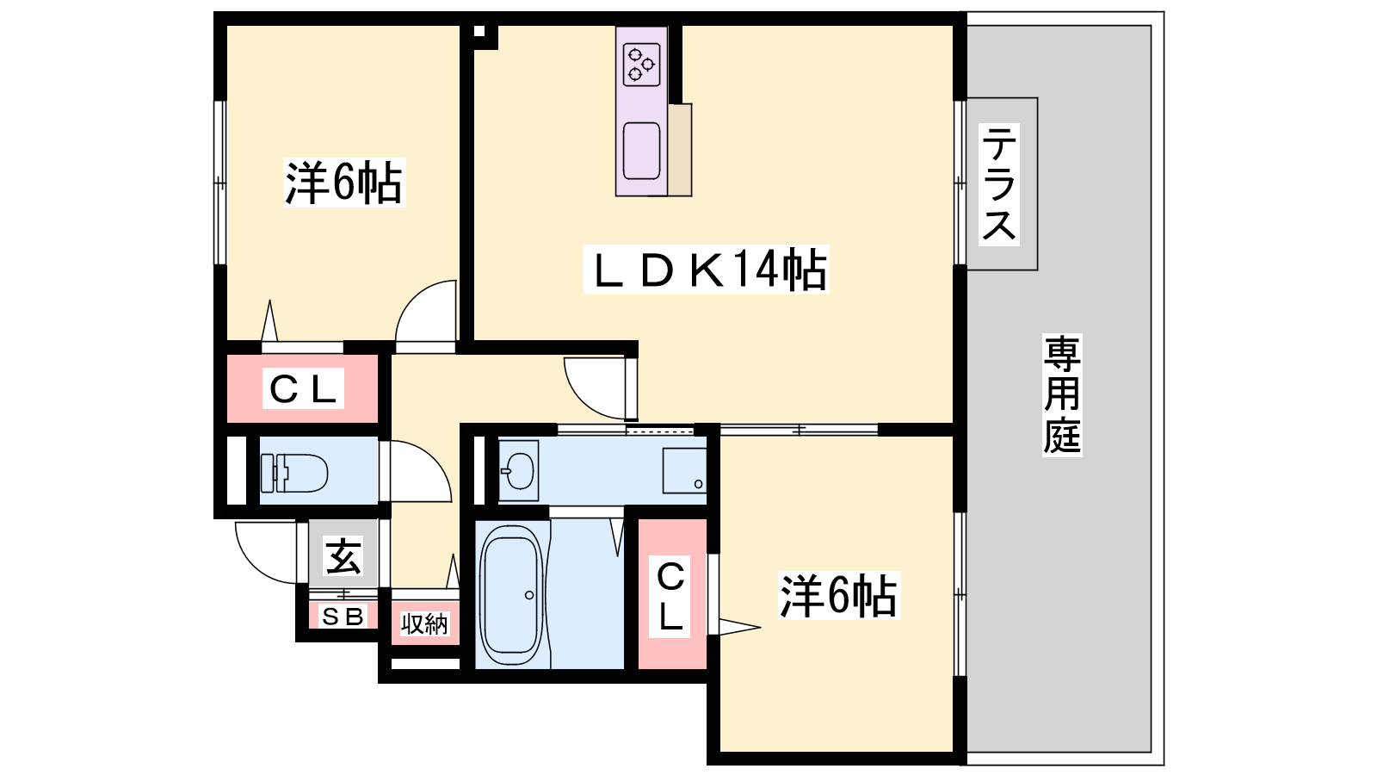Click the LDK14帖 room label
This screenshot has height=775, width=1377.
(707, 270)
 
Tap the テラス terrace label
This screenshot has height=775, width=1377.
(999, 183)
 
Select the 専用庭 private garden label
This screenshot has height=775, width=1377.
(1062, 395)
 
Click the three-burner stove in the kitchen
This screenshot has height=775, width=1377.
(641, 64)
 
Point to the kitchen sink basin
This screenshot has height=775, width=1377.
(641, 151)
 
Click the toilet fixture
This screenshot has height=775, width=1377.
(293, 473)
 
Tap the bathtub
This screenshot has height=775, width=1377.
(511, 595)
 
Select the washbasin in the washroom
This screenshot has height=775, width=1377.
(518, 470)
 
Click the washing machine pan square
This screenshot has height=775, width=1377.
(684, 470)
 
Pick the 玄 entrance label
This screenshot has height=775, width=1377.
(343, 555)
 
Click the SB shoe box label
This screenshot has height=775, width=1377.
(343, 616)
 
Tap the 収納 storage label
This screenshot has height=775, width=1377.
(424, 623)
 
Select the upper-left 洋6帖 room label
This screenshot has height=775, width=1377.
(343, 182)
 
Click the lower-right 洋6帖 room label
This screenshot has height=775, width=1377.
(839, 595)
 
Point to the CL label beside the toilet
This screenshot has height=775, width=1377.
(303, 388)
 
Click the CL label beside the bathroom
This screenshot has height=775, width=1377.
(670, 596)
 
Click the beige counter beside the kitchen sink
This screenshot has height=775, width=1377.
(680, 150)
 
